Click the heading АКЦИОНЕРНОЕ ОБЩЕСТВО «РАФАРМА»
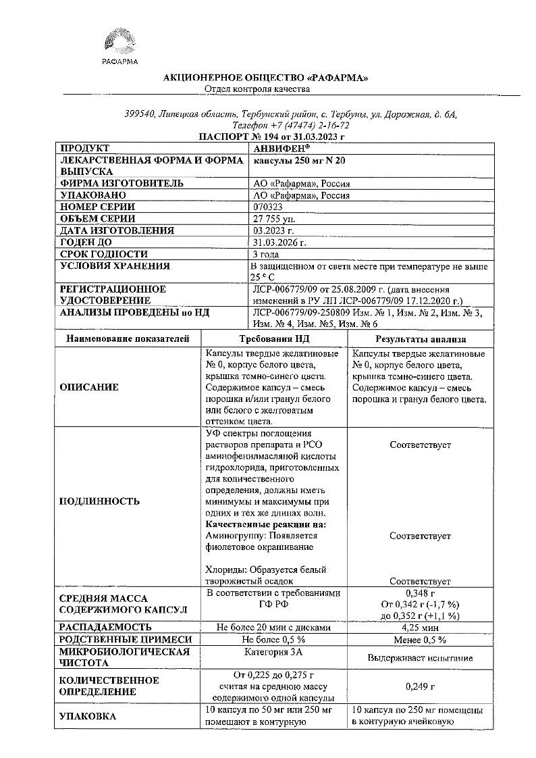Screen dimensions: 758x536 (266, 78)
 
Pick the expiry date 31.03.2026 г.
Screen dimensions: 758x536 (279, 243)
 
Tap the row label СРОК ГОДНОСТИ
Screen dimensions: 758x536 (104, 254)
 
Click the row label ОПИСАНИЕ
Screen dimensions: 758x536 (89, 387)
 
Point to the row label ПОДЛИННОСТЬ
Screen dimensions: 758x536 (99, 501)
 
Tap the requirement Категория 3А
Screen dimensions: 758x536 (273, 652)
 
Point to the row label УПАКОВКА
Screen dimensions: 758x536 (88, 716)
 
